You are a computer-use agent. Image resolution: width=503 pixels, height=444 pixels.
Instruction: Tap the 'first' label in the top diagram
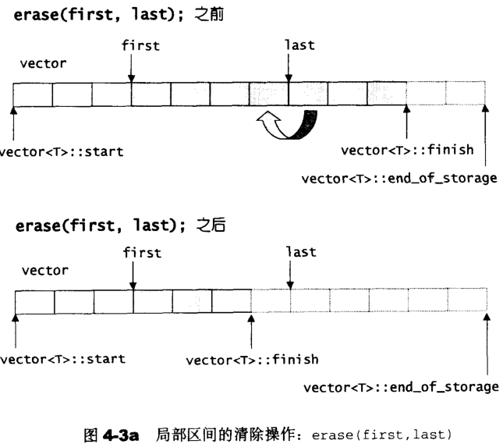coord(141,45)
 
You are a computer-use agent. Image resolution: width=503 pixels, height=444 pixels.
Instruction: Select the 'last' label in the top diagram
coord(299,45)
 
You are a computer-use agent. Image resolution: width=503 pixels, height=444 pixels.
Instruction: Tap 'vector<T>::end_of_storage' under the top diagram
coord(399,179)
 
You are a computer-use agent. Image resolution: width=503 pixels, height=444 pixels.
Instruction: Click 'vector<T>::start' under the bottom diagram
coord(62,360)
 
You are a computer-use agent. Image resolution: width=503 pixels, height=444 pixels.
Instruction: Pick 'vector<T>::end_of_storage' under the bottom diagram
coord(400,387)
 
